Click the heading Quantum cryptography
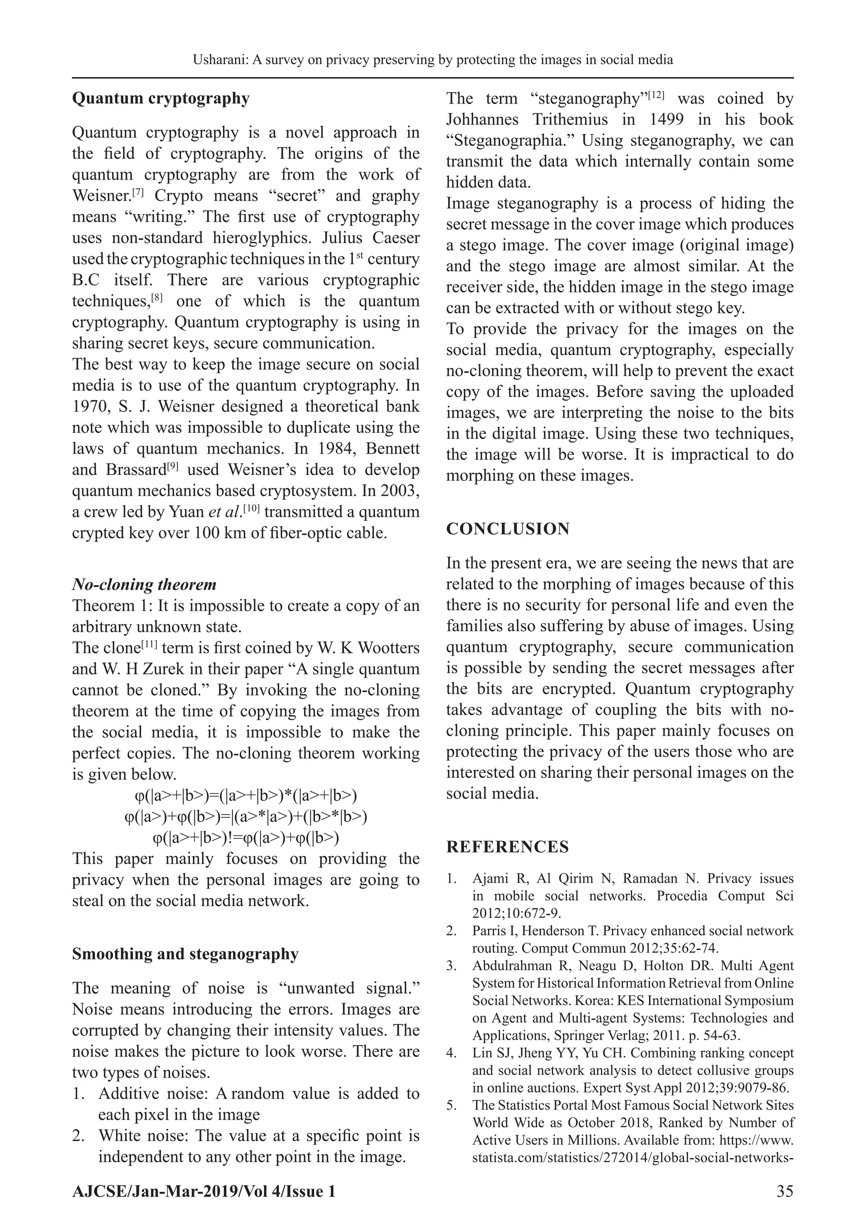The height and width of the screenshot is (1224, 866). [x=161, y=99]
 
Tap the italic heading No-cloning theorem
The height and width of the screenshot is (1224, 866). [x=144, y=585]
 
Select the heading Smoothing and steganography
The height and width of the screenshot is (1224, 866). [x=185, y=954]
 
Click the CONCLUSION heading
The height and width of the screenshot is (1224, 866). [x=508, y=529]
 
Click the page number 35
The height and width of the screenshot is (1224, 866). [x=784, y=1191]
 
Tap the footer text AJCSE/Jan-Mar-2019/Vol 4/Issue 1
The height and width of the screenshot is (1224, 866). [x=204, y=1191]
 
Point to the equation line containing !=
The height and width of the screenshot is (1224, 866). [x=245, y=838]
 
